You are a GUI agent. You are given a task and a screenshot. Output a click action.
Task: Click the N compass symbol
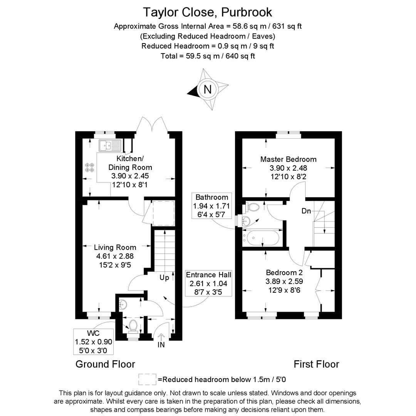point(208,89)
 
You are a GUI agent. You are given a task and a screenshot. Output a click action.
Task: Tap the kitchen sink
point(109,146)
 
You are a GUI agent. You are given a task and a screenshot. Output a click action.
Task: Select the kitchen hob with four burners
point(89,168)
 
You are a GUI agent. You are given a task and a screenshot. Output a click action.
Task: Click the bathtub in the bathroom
point(262,238)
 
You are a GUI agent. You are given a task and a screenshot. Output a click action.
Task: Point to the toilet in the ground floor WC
point(133,325)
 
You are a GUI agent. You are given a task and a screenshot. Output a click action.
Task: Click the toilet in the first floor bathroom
point(252,207)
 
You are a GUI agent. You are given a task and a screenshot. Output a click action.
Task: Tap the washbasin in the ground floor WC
point(122,304)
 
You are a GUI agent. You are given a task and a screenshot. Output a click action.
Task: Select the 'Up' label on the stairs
point(164,278)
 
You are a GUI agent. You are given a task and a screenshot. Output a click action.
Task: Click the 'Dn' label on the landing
point(306,211)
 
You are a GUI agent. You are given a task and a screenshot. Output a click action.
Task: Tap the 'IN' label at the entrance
point(161,345)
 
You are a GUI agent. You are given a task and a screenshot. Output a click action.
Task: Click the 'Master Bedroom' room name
point(288,159)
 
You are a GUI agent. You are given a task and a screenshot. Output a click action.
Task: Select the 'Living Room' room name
point(115,247)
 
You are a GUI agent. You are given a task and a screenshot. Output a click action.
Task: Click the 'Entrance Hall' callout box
point(208,283)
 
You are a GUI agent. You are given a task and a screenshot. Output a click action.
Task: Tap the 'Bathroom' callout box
point(212,206)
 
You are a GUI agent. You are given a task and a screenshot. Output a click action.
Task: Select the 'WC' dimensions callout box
point(94,342)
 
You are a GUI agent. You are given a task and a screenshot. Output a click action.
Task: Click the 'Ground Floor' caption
point(105,364)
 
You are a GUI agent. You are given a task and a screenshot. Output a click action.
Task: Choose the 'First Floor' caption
point(316,364)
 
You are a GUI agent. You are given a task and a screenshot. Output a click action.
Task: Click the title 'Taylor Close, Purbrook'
point(208,12)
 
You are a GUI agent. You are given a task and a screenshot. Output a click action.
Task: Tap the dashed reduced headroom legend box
point(147,379)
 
